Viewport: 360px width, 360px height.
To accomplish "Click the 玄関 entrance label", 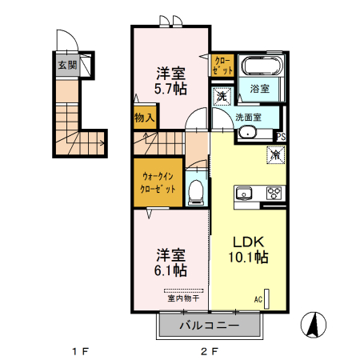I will coord(66,65).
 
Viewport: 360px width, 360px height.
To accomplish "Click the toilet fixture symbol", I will coord(196,190).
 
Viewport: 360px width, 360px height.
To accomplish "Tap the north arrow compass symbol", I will coord(314,325).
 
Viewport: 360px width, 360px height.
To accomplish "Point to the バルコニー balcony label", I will coord(209,326).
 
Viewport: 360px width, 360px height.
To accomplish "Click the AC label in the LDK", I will coord(258,300).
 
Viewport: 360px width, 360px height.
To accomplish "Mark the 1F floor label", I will coord(78,351).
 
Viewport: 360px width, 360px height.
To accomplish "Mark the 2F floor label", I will coord(210,351).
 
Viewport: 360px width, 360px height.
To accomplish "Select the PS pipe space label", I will coord(280,137).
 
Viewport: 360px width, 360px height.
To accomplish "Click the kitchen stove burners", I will coord(274,192).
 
